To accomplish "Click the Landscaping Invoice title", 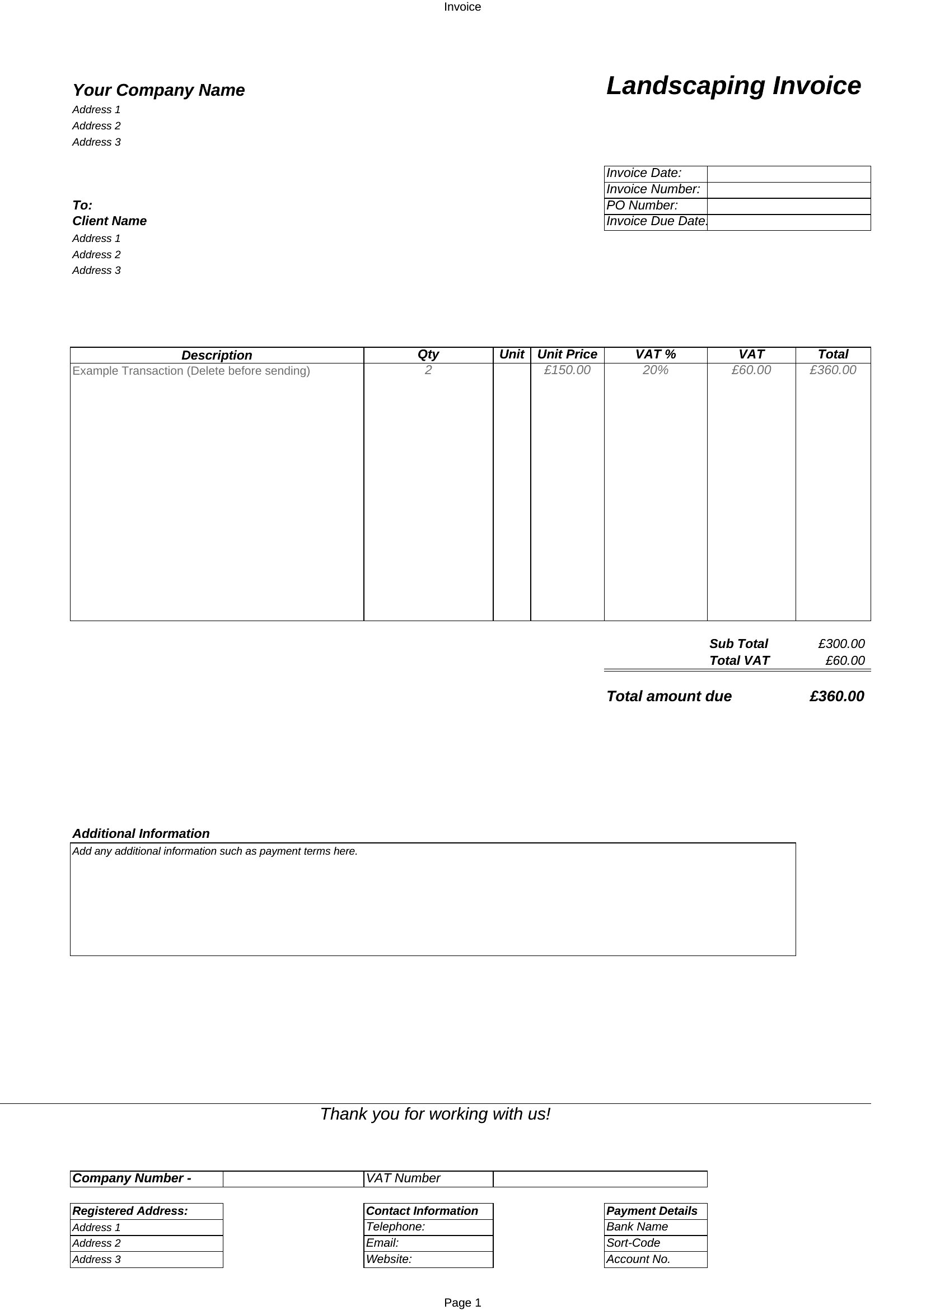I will (733, 86).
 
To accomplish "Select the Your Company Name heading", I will (158, 90).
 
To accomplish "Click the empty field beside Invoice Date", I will (788, 174).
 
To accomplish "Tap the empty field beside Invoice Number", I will (788, 189).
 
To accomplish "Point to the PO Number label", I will (642, 206).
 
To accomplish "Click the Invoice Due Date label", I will (656, 221).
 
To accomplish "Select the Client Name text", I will (110, 221).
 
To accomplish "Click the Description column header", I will (217, 355).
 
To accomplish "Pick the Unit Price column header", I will (567, 355).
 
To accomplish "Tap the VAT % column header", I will (655, 355).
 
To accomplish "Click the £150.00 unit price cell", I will (567, 370).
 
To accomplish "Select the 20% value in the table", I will (655, 370).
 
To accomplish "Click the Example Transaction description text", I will (191, 371).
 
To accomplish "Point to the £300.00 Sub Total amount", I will (841, 644).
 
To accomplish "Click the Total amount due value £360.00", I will (836, 696).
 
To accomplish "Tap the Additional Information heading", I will (141, 833).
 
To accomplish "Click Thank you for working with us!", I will (435, 1114).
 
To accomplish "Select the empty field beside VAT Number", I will (599, 1179).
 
